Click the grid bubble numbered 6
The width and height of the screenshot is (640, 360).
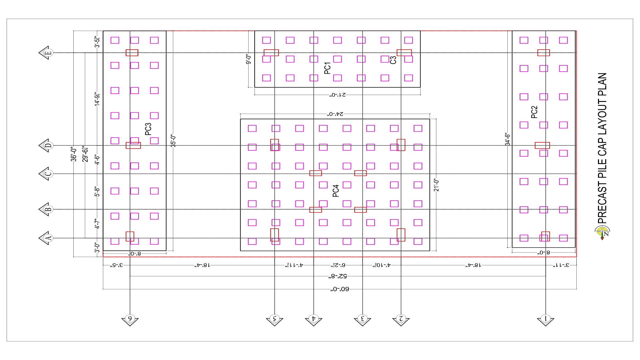click(x=130, y=319)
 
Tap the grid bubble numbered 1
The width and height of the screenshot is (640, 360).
click(x=545, y=319)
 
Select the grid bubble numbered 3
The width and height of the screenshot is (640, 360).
click(x=362, y=319)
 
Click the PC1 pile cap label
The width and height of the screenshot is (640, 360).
click(x=327, y=68)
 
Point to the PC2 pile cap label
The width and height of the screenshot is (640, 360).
click(x=534, y=112)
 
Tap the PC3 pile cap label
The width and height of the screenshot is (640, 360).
click(x=148, y=129)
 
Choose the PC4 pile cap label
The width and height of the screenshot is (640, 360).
click(x=336, y=191)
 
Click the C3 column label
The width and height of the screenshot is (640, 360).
click(x=393, y=60)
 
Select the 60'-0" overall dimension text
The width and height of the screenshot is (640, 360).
click(x=340, y=289)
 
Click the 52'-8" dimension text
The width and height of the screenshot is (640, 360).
click(x=338, y=276)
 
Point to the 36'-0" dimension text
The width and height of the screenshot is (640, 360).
click(x=74, y=154)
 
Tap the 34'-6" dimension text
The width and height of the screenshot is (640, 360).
click(x=507, y=139)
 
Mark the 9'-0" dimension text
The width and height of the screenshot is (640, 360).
click(x=248, y=59)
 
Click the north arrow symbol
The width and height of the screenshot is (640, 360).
click(x=602, y=232)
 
